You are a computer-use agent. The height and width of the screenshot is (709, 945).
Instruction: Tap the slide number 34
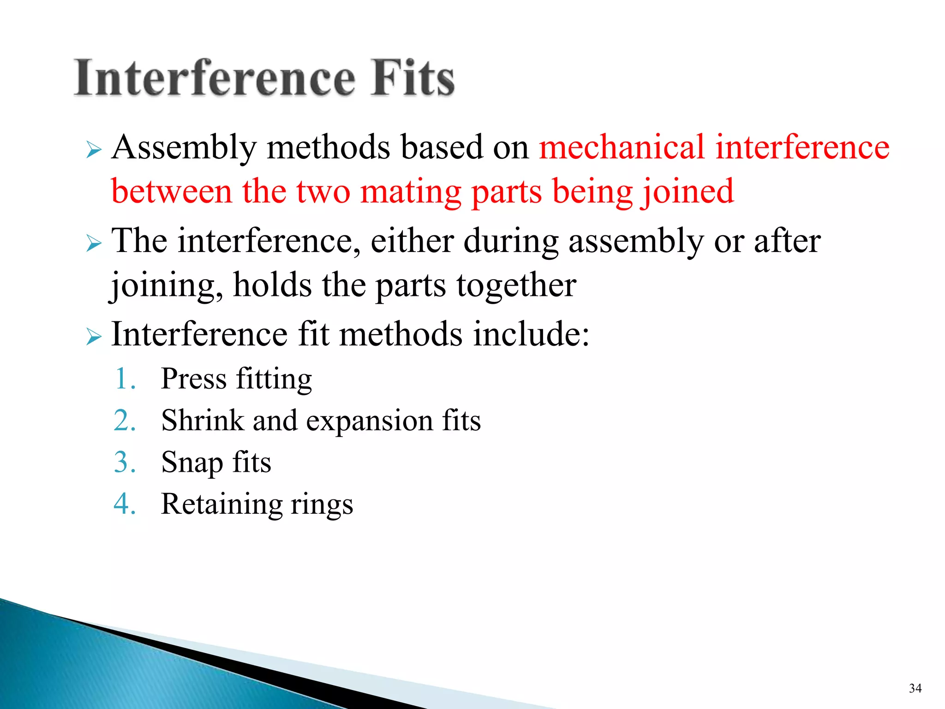click(915, 688)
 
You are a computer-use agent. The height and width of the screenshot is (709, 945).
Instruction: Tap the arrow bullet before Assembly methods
click(93, 150)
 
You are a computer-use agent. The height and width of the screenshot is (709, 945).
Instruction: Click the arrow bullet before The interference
click(93, 243)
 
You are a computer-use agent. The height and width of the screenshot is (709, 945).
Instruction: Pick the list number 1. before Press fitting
click(125, 379)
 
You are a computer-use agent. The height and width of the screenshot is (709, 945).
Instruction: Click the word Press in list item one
click(194, 379)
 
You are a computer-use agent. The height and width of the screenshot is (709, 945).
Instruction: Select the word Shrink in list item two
click(202, 421)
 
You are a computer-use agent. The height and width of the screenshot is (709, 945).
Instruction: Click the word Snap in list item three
click(191, 463)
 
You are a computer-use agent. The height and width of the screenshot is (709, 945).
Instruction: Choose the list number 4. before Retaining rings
click(125, 504)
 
